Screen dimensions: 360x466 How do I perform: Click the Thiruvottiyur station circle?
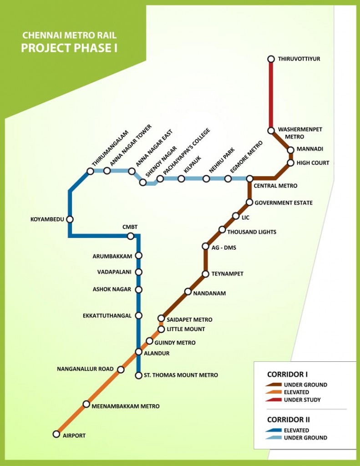[x=271, y=59]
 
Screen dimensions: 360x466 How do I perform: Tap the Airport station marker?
[x=56, y=434]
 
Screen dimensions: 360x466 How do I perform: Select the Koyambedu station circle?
[x=70, y=219]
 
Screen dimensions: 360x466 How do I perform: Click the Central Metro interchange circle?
[x=250, y=178]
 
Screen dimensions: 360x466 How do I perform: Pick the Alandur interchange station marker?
[x=138, y=352]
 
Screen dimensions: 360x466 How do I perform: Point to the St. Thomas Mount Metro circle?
[x=138, y=375]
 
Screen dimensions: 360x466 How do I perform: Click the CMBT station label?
[x=130, y=227]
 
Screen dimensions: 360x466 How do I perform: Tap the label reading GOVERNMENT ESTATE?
[x=284, y=203]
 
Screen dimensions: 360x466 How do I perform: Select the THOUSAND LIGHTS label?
[x=252, y=232]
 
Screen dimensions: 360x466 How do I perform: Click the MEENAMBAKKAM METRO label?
[x=126, y=406]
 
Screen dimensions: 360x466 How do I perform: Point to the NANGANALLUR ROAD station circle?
[x=121, y=370]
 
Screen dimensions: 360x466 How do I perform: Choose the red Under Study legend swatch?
[x=274, y=400]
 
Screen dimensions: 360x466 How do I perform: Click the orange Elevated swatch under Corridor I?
[x=274, y=392]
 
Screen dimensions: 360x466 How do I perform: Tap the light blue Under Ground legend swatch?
[x=274, y=437]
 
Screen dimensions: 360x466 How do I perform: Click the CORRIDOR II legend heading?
[x=289, y=420]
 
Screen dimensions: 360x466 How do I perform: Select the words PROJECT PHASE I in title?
[x=69, y=48]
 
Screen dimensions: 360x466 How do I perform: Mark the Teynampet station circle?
[x=205, y=274]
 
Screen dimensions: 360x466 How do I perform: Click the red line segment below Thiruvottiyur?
[x=271, y=95]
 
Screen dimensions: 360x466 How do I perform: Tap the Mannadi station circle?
[x=291, y=150]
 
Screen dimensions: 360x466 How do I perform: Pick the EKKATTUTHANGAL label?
[x=107, y=316]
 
